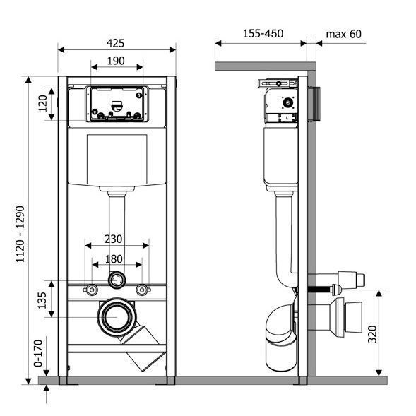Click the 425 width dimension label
pyautogui.click(x=115, y=43)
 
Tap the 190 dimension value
pyautogui.click(x=116, y=61)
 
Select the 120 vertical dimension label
pyautogui.click(x=42, y=103)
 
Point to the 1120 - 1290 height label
pyautogui.click(x=20, y=234)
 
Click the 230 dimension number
pyautogui.click(x=114, y=239)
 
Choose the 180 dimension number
pyautogui.click(x=114, y=259)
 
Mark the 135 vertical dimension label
pyautogui.click(x=42, y=300)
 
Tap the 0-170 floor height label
pyautogui.click(x=38, y=353)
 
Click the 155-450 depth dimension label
pyautogui.click(x=263, y=34)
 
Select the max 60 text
pyautogui.click(x=343, y=34)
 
